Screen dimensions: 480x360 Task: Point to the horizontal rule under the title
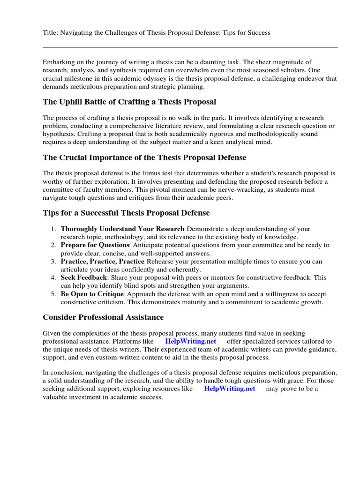[190, 47]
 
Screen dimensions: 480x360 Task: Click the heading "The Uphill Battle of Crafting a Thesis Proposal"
[129, 102]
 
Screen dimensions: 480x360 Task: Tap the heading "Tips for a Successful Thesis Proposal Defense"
[126, 213]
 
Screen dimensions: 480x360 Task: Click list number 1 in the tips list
[53, 229]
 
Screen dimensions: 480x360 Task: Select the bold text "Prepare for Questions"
[95, 245]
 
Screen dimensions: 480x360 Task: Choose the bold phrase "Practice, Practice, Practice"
[103, 261]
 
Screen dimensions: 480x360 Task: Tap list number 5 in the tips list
[53, 294]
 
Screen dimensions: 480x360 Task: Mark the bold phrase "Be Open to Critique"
[92, 294]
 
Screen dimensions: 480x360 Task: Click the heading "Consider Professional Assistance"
[103, 317]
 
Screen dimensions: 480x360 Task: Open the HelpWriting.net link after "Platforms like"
[190, 341]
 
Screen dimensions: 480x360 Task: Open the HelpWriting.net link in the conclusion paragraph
[229, 389]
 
